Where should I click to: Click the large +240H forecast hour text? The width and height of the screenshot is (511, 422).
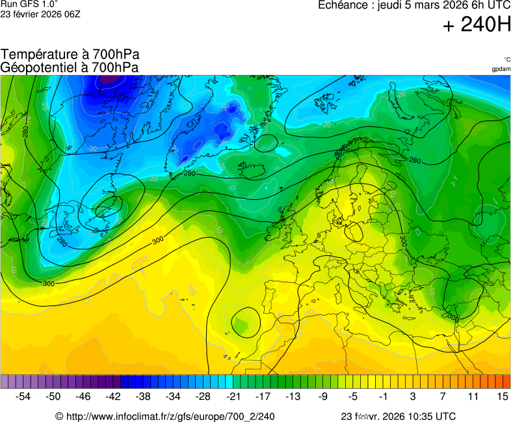tap(477, 25)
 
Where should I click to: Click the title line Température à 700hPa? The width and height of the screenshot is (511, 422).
tap(70, 55)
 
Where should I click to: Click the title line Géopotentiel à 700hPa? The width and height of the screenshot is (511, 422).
tap(70, 67)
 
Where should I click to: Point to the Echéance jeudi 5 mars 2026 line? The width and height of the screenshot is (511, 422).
tap(414, 5)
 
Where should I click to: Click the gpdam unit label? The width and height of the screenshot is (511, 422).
tap(501, 69)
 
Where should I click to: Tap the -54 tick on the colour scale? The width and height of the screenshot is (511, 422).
tap(23, 396)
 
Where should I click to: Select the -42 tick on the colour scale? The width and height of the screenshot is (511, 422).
tap(113, 396)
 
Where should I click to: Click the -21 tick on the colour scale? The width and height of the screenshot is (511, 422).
tap(233, 396)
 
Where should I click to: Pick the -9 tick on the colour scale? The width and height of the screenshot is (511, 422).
tap(323, 396)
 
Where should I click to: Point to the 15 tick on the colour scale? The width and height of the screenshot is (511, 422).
tap(502, 396)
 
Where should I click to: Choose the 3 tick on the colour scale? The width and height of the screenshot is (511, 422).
tap(413, 396)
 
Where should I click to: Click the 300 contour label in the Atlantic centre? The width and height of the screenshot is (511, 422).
tap(157, 241)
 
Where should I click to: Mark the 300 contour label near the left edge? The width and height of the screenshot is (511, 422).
tap(49, 284)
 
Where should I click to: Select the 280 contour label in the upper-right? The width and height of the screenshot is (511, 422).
tap(415, 160)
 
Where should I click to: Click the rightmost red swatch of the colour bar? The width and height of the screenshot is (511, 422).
tap(506, 381)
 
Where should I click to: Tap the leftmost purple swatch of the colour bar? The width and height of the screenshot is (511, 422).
tap(5, 381)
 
